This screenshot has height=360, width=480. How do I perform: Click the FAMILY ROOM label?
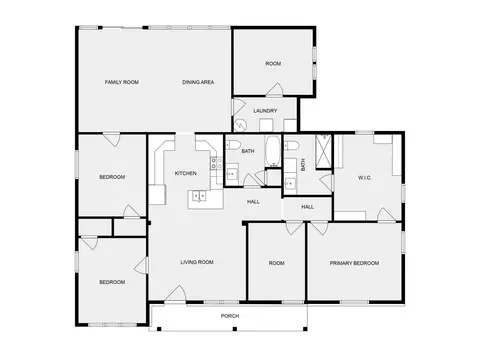122,82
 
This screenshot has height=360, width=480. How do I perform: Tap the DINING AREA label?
198,82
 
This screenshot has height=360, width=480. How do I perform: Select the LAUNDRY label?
265,111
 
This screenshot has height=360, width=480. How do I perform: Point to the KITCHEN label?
186,173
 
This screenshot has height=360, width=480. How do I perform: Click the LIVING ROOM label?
197,262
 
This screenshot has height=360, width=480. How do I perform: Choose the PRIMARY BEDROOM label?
354,263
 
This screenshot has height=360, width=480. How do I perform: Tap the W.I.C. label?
365,178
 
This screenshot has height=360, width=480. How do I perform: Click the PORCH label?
230,316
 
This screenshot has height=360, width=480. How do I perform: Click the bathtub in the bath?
273,151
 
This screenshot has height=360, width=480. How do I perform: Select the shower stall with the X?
324,151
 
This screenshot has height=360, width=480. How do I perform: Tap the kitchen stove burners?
216,163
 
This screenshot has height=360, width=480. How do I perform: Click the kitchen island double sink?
199,196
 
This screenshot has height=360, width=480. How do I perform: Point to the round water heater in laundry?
240,125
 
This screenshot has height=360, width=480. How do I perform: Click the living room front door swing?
176,293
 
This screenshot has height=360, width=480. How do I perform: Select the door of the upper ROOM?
275,89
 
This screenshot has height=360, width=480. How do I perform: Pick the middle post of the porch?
235,329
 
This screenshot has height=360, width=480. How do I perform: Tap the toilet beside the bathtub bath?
233,145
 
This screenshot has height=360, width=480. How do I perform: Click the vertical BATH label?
303,165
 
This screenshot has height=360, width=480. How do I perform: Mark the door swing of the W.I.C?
386,215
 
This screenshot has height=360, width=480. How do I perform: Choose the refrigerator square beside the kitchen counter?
157,195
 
